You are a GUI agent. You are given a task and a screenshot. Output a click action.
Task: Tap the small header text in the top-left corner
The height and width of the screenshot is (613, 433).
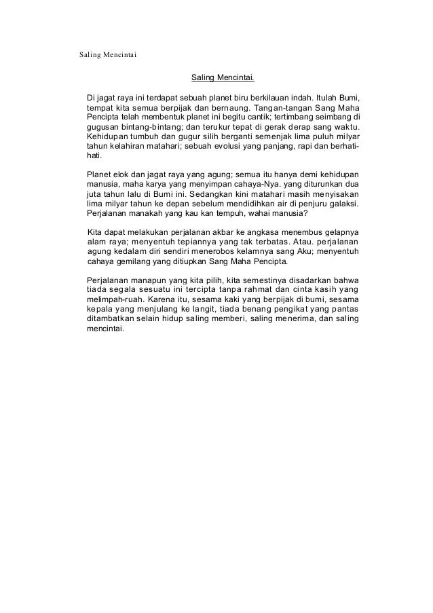click(x=108, y=55)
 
